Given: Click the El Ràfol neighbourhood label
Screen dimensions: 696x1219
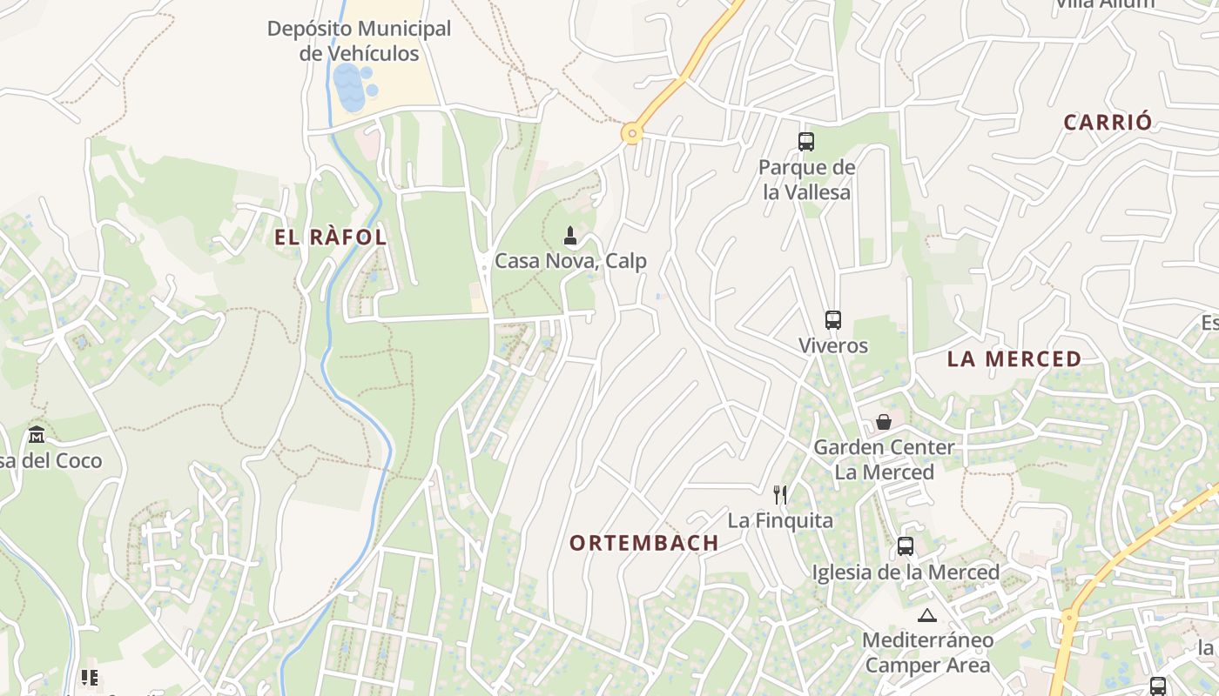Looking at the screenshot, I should [x=330, y=238].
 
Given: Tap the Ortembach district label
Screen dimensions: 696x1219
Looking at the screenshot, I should [x=644, y=543].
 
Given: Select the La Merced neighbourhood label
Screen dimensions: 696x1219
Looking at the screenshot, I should [x=1014, y=358].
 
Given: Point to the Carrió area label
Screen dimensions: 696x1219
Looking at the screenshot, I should [x=1108, y=123].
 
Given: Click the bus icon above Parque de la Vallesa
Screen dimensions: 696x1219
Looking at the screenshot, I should [x=806, y=141].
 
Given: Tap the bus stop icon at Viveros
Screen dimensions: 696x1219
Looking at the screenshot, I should [x=833, y=320].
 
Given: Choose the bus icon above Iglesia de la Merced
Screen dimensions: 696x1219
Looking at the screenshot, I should [x=906, y=546].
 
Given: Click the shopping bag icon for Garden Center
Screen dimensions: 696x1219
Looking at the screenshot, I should [x=884, y=422].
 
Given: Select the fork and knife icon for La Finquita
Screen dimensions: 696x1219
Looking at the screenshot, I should [x=780, y=495].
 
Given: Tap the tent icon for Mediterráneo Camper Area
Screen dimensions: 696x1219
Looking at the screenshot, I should [x=926, y=616].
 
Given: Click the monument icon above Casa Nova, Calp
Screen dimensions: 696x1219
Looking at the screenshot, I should [x=570, y=235].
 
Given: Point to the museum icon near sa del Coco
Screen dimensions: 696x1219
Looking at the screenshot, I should [x=37, y=434].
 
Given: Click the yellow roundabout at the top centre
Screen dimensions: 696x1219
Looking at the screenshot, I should [x=631, y=134].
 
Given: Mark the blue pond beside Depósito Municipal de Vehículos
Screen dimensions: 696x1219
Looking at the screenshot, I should [x=351, y=88].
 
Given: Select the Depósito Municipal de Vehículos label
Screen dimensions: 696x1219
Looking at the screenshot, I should [x=359, y=41].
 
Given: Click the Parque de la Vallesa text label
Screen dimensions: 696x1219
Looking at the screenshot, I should [x=806, y=179].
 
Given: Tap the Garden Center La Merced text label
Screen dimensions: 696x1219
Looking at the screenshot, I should [x=884, y=459].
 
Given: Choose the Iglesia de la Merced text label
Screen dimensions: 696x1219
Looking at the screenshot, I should [x=906, y=572].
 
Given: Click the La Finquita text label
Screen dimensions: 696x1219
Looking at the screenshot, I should [x=780, y=521].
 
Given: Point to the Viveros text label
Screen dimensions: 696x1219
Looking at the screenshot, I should [x=833, y=345].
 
